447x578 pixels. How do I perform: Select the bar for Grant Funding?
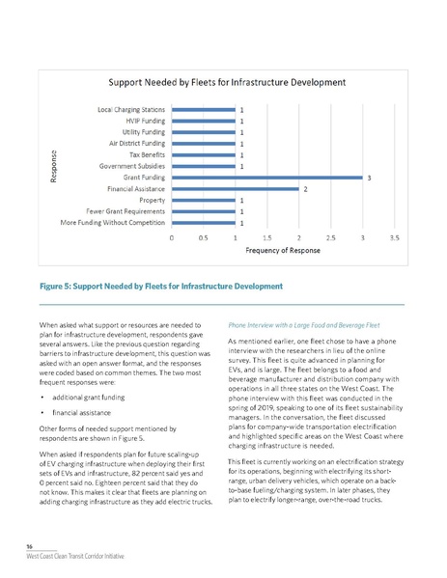pyautogui.click(x=265, y=178)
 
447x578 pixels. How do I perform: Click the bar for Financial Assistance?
pyautogui.click(x=235, y=189)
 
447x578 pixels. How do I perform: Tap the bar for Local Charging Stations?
pyautogui.click(x=203, y=109)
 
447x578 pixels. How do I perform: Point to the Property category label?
pyautogui.click(x=150, y=200)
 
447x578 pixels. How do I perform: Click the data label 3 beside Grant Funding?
pyautogui.click(x=367, y=178)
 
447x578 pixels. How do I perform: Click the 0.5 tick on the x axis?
pyautogui.click(x=203, y=237)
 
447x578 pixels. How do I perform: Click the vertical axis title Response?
pyautogui.click(x=55, y=166)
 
